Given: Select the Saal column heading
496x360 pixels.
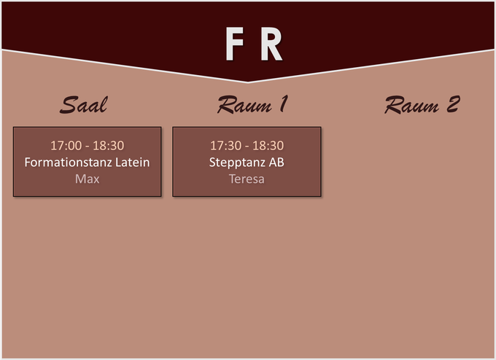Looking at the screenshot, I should (x=84, y=105).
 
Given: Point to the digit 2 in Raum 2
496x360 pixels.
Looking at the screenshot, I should (x=452, y=105).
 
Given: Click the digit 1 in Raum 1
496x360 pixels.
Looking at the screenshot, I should (x=281, y=105).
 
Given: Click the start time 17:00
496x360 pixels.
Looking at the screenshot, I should (x=66, y=146).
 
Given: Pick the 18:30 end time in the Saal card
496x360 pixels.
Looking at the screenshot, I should (x=109, y=146).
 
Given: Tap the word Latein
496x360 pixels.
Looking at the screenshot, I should (x=133, y=162).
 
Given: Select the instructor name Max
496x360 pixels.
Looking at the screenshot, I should (x=87, y=179).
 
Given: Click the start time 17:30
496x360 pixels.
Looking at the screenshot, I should (x=225, y=146).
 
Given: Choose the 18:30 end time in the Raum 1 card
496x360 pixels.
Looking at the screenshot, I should (x=268, y=146).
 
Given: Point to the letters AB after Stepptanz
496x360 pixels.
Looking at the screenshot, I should (x=276, y=162).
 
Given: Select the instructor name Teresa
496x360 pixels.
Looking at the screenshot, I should (x=247, y=179).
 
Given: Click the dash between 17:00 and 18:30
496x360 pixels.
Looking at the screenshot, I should (x=88, y=146).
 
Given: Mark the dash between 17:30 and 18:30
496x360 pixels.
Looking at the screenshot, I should (x=247, y=146).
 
